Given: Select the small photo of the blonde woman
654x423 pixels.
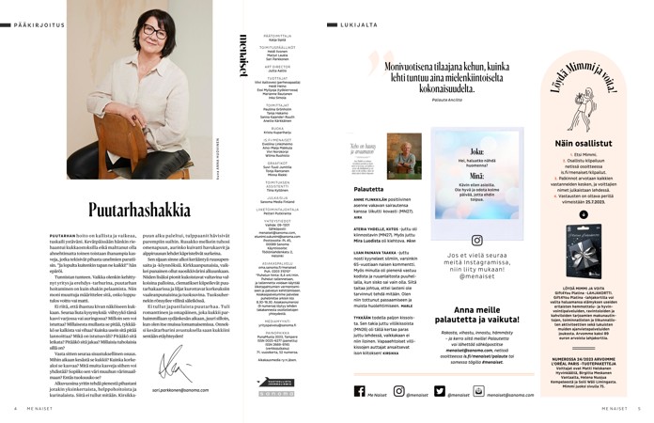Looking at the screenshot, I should click(x=404, y=155).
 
